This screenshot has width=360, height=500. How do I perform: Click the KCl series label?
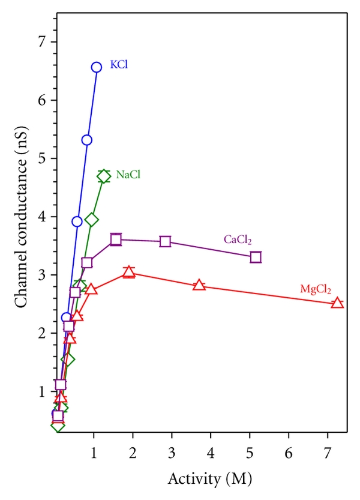(117, 64)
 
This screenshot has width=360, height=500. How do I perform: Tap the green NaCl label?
(128, 175)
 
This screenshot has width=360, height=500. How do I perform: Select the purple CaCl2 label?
(238, 240)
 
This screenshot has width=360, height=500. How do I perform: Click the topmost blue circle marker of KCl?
(97, 67)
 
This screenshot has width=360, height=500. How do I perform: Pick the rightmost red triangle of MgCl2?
(337, 303)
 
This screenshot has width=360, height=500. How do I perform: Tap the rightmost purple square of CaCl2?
(256, 258)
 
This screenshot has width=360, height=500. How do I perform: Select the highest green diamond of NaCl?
(104, 176)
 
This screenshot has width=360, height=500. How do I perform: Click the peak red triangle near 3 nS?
(128, 273)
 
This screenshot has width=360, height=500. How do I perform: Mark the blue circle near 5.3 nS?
(87, 140)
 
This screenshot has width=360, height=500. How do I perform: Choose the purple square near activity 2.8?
(165, 241)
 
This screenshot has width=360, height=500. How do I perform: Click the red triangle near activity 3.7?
(199, 285)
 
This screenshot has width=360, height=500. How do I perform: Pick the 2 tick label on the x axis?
(133, 450)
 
